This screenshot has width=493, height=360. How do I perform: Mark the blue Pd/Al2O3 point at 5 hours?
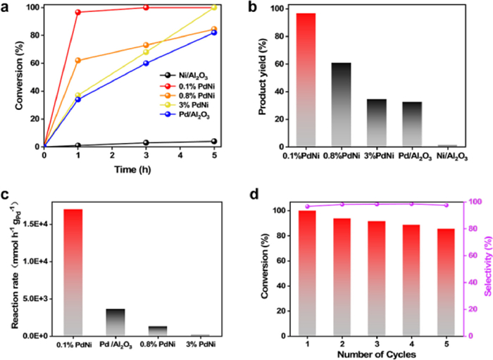tap(213, 32)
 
